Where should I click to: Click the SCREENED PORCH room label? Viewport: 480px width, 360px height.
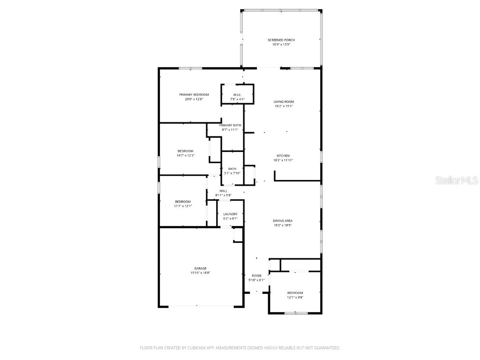click(281, 40)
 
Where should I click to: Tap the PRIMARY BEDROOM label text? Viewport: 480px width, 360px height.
click(194, 95)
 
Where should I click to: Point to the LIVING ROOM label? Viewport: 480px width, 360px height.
click(284, 102)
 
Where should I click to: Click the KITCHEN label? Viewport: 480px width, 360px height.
click(283, 156)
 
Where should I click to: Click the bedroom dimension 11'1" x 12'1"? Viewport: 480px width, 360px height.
click(183, 206)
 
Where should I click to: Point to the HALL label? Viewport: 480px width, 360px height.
click(224, 191)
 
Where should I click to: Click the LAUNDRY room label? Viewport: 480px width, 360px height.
click(230, 214)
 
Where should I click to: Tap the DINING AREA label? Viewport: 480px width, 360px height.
click(283, 221)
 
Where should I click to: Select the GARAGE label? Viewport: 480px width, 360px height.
click(200, 268)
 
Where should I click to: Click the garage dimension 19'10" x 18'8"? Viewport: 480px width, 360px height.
click(200, 272)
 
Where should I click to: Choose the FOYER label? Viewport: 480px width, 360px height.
click(256, 276)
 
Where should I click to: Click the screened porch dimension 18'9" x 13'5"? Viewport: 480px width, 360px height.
click(281, 45)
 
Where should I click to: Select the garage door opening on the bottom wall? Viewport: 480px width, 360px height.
click(201, 307)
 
